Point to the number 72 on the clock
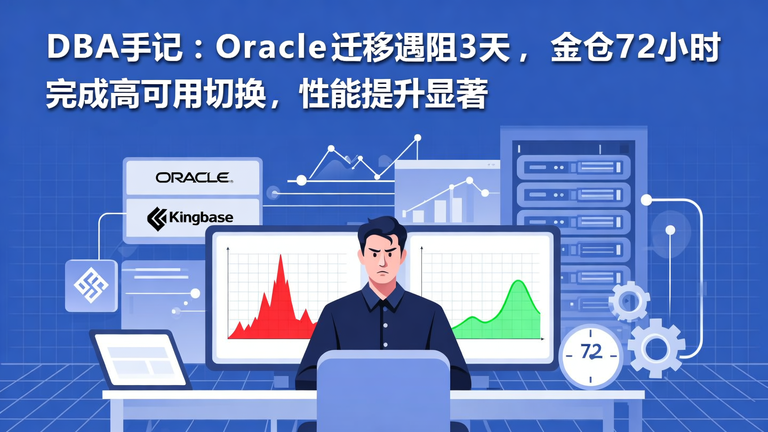[591, 352]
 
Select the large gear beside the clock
[656, 348]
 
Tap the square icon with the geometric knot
[91, 285]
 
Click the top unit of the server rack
[573, 167]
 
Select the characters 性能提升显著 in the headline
[395, 94]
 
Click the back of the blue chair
[383, 389]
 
